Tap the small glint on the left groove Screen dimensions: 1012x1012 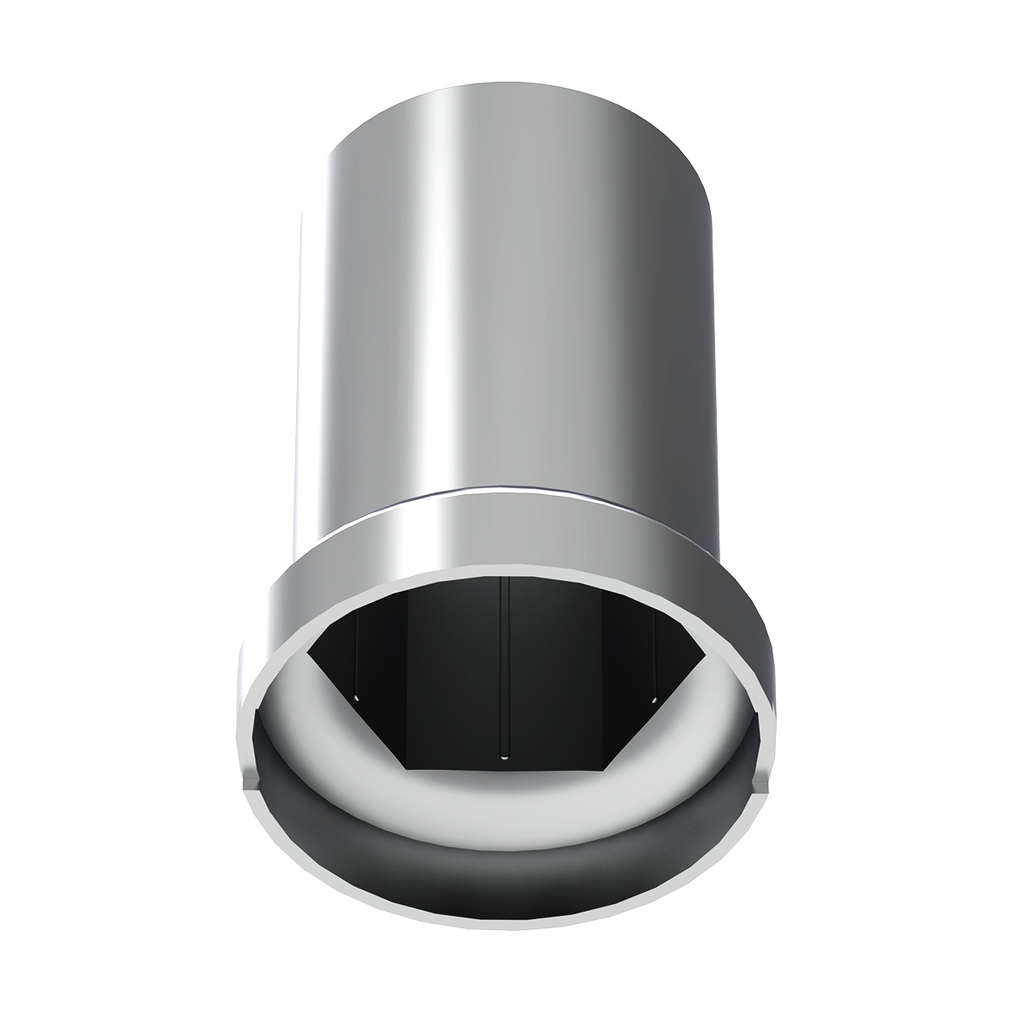[x=357, y=698]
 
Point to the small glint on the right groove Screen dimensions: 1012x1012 [x=655, y=698]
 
